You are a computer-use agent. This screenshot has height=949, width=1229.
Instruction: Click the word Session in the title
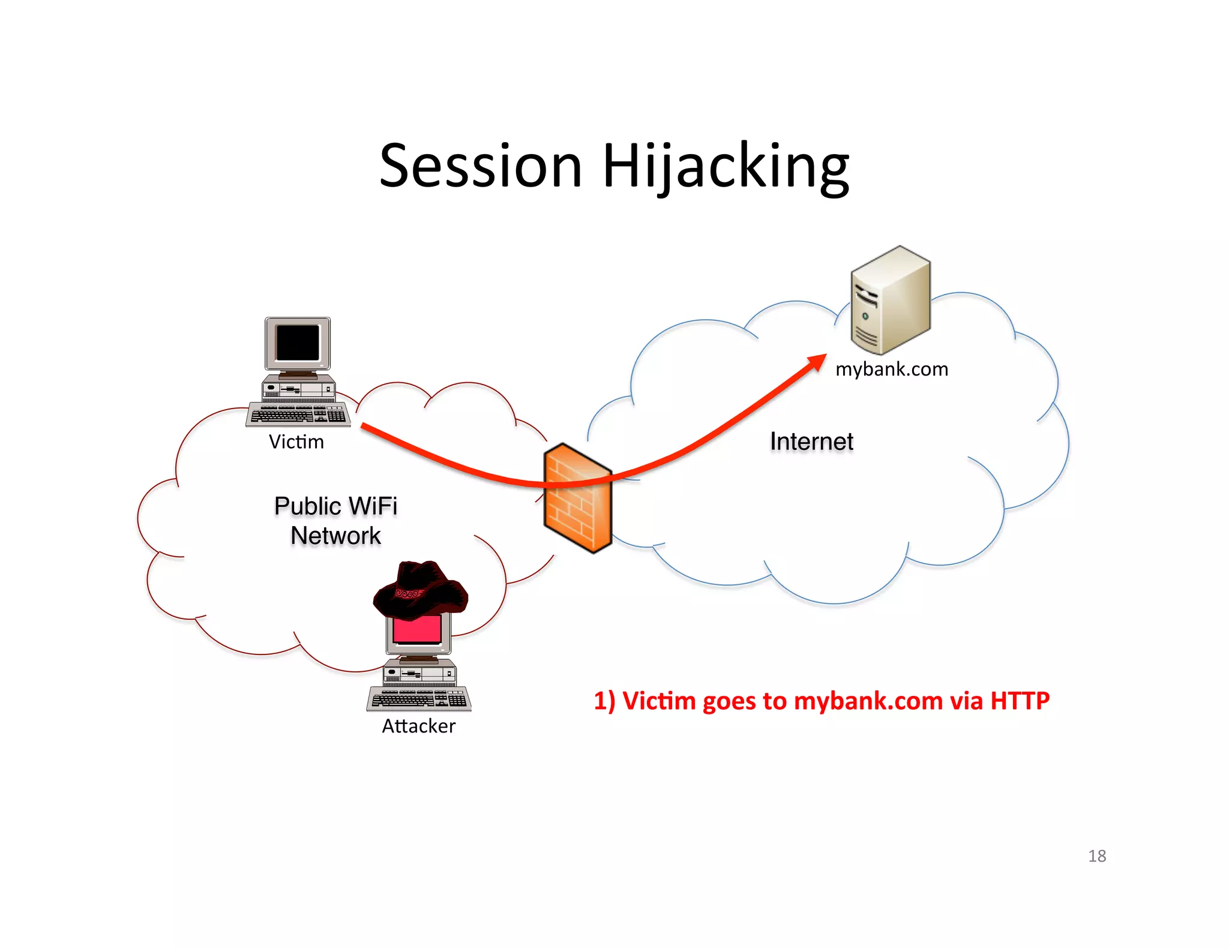[x=481, y=166]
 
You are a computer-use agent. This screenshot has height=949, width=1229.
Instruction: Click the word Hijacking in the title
[x=726, y=166]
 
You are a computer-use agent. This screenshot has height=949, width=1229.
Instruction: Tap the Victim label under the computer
[x=296, y=442]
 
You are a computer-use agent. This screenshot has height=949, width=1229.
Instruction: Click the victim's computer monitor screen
[x=298, y=343]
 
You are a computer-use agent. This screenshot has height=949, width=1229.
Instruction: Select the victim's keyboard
[x=298, y=415]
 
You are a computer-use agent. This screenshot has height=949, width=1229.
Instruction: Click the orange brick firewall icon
[x=577, y=498]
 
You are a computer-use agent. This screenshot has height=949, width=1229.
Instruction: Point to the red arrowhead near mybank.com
[x=817, y=363]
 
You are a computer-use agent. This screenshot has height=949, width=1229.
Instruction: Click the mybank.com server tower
[x=890, y=300]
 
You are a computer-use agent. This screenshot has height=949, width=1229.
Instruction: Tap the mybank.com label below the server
[x=892, y=369]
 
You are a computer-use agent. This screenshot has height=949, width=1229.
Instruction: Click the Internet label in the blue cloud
[x=811, y=442]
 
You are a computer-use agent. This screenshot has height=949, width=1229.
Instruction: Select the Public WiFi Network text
[x=335, y=520]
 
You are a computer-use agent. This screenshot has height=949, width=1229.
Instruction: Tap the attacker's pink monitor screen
[x=417, y=629]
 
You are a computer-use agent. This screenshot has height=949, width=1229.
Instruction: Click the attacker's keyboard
[x=419, y=699]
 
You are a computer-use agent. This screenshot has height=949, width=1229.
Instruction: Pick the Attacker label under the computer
[x=419, y=726]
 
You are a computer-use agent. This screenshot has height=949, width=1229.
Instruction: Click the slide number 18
[x=1097, y=856]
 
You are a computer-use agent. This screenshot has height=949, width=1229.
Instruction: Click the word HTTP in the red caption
[x=1020, y=701]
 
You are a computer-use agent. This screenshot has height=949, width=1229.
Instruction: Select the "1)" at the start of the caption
[x=604, y=701]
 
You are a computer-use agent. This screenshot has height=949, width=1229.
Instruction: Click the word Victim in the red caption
[x=659, y=701]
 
